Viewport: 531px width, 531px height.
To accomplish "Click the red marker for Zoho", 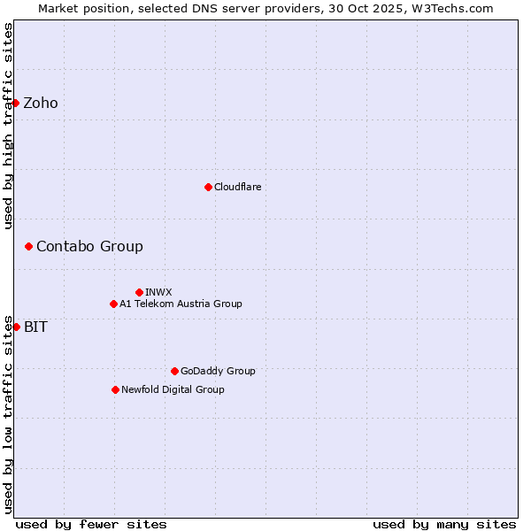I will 15,103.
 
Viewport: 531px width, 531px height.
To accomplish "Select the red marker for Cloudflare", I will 208,187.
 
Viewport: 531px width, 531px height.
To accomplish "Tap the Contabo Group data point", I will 28,246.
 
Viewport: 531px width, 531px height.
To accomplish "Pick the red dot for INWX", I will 139,292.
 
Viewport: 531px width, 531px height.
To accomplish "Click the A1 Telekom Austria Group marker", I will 113,304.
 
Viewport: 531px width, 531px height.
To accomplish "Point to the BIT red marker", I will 16,327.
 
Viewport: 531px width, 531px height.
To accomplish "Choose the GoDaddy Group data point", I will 174,371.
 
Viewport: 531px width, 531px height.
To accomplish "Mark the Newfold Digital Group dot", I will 115,389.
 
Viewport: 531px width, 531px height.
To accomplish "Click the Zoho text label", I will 41,103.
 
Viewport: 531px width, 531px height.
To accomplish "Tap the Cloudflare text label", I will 237,187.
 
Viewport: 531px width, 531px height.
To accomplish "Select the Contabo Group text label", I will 89,246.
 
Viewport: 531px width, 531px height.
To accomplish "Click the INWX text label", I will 158,292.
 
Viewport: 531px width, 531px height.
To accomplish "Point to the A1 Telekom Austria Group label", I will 181,304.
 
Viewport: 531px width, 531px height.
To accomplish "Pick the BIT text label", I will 35,327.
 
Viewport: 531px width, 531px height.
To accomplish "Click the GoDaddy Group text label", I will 218,371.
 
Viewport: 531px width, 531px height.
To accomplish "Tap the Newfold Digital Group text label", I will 173,389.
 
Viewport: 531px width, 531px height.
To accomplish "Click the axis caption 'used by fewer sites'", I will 91,524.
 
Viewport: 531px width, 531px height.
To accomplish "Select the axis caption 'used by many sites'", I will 444,524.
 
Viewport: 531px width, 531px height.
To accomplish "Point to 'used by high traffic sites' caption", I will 8,126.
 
